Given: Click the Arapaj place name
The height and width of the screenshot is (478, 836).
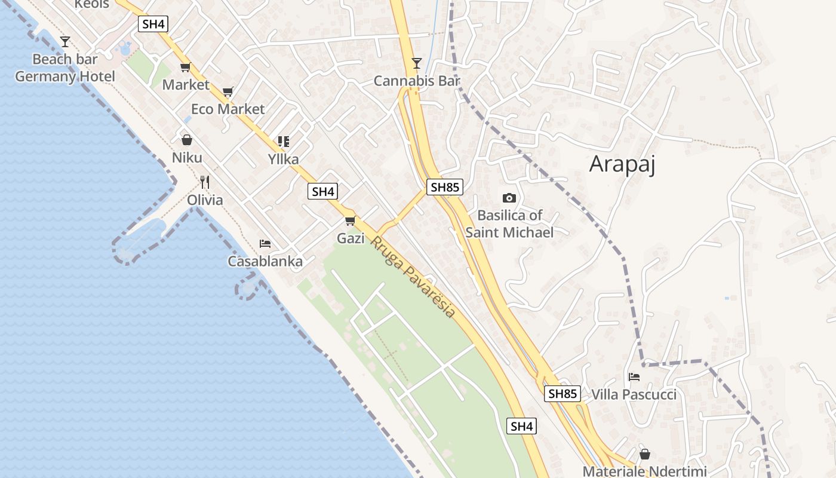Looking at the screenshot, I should [622, 164].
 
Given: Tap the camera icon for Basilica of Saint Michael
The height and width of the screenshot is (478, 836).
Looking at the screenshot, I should [509, 198].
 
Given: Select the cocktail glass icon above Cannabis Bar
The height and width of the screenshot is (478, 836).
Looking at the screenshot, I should [417, 63].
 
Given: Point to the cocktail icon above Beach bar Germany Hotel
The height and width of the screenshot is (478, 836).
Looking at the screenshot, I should [65, 41].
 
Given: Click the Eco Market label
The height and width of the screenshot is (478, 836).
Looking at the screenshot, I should [228, 109].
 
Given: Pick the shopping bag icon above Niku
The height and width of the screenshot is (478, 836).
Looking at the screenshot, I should [187, 140].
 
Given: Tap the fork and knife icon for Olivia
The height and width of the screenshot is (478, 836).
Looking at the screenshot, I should [205, 182].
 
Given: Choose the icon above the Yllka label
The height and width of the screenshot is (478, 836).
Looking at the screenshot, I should [283, 142].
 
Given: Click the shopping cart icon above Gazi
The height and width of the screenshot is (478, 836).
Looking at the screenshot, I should [351, 220].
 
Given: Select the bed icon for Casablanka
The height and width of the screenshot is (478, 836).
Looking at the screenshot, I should [265, 243].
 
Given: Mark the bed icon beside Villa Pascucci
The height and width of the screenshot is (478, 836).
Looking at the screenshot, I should [634, 376].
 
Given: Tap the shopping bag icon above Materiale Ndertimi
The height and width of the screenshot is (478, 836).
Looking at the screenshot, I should [644, 453].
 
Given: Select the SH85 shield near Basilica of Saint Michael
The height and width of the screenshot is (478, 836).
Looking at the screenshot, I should [445, 187].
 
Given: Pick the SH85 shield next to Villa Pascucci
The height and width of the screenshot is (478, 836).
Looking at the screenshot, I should [563, 393].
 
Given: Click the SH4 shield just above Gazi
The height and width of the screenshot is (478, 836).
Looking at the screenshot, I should [322, 191].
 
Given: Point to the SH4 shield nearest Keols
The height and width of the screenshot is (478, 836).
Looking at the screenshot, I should [153, 24].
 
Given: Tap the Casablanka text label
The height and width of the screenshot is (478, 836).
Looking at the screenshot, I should [265, 261].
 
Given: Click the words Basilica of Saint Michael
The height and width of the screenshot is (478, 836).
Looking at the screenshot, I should [509, 223].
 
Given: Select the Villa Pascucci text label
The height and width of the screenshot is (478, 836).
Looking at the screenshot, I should [634, 394].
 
